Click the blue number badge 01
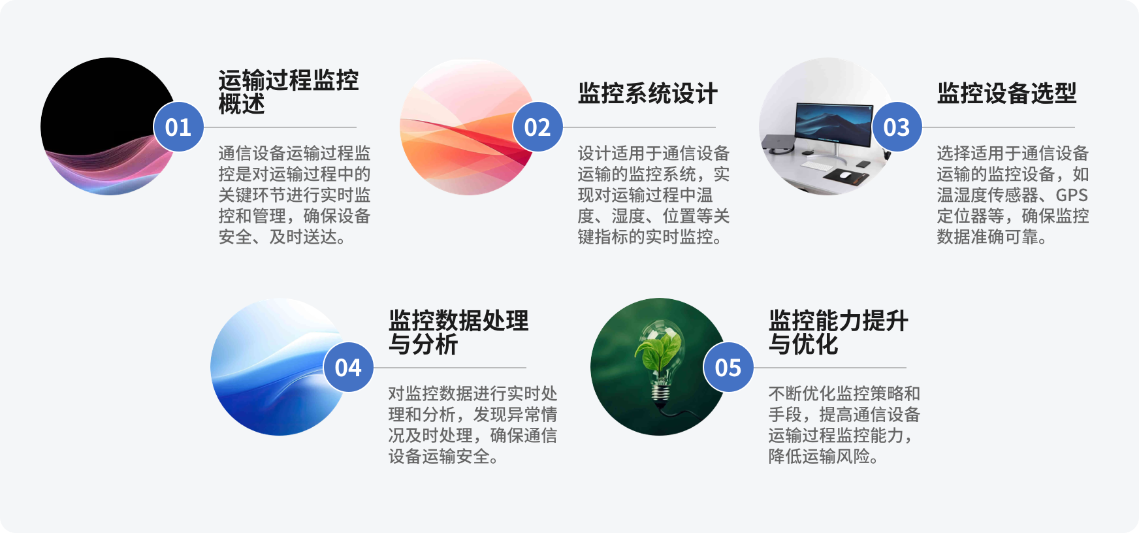tap(178, 127)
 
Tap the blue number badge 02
tap(537, 127)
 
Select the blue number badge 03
tap(897, 127)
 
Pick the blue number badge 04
tap(348, 367)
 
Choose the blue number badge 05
tap(728, 367)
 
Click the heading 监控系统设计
tap(648, 93)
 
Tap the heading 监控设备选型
tap(1006, 93)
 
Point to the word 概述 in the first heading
tap(242, 104)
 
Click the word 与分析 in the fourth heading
tap(423, 344)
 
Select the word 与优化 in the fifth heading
tap(803, 344)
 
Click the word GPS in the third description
tap(1072, 195)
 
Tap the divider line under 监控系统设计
tap(639, 127)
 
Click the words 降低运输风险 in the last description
tap(820, 456)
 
